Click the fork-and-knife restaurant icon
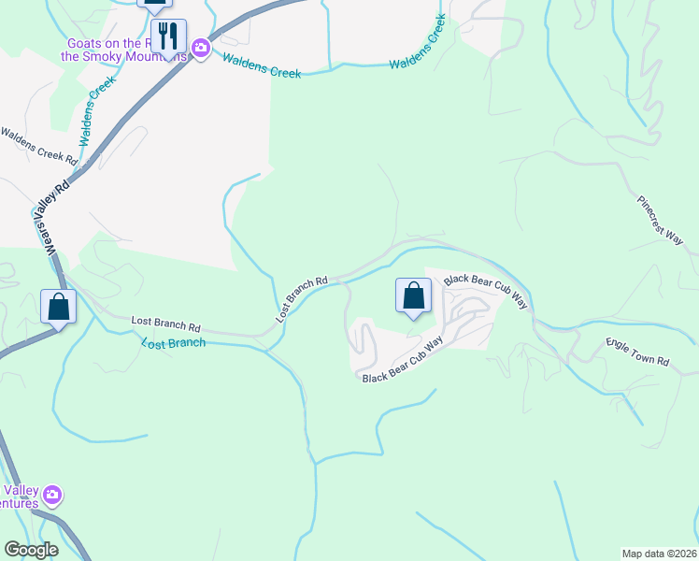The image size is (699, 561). [x=168, y=36]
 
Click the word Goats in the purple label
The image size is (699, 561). [x=85, y=43]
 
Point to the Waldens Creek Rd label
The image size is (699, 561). [x=37, y=147]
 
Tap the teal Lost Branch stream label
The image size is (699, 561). [x=173, y=343]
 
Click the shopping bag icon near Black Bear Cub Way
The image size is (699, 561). [x=413, y=296]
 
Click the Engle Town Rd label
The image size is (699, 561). [x=638, y=352]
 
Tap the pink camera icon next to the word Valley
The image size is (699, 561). [x=52, y=494]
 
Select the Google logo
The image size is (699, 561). [x=31, y=550]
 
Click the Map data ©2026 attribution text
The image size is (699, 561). [x=659, y=553]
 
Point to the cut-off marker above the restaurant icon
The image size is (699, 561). [x=154, y=4]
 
